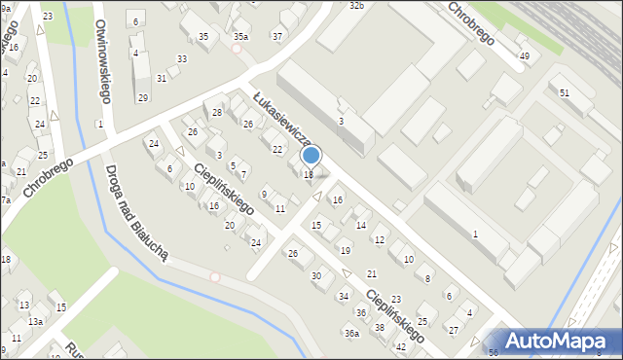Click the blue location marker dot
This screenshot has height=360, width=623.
point(311,155)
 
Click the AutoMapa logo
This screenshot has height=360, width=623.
point(558,341)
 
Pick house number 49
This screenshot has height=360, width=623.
point(525,56)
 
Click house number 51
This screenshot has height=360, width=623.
point(565,91)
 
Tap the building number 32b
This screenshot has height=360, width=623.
point(356,6)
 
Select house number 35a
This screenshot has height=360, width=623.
point(240,37)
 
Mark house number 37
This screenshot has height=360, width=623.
point(277,37)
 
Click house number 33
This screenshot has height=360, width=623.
point(181,59)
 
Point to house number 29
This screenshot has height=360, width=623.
point(142,97)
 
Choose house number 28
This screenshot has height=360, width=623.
point(217,113)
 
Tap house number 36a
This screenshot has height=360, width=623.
point(351,334)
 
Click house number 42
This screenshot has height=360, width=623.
point(400,346)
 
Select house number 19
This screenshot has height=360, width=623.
point(345,251)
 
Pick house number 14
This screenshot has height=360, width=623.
point(360,226)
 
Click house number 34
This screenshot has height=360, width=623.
point(344,296)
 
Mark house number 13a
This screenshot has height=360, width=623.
point(35,321)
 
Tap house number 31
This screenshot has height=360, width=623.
point(162,78)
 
